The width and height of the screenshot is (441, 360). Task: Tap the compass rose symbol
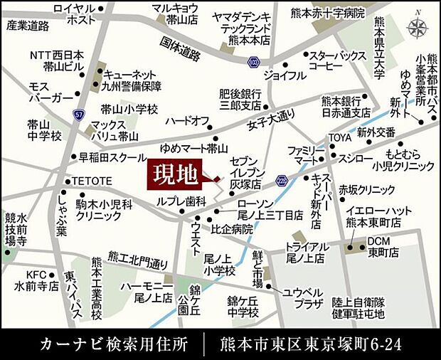tap(418, 27)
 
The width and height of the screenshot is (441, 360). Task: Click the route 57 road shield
tap(78, 114)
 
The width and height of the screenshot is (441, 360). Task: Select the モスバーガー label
tap(50, 91)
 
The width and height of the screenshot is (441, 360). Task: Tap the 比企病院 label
tap(231, 229)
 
